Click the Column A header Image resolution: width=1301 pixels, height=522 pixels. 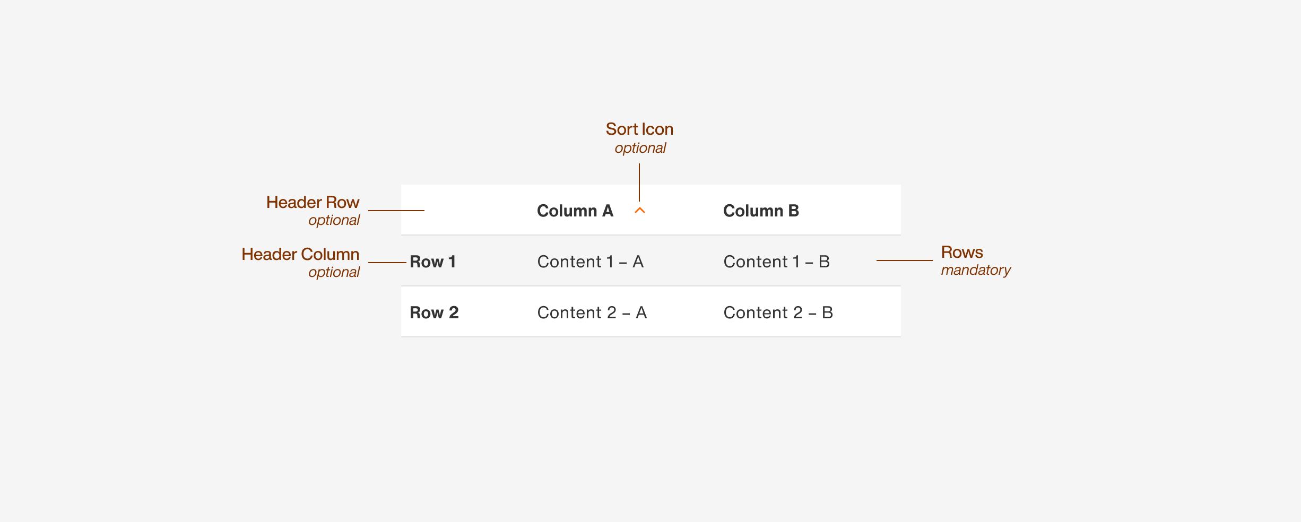pyautogui.click(x=575, y=211)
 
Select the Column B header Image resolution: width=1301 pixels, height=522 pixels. pyautogui.click(x=761, y=211)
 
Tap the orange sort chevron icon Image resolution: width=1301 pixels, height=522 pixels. pyautogui.click(x=640, y=211)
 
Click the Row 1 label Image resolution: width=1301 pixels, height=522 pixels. pyautogui.click(x=432, y=262)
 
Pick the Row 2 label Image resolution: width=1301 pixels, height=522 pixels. pyautogui.click(x=434, y=312)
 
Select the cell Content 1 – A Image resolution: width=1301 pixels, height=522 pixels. pyautogui.click(x=590, y=262)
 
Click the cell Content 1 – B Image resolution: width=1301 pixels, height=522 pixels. pyautogui.click(x=776, y=262)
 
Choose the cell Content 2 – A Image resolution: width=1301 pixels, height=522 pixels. pyautogui.click(x=592, y=312)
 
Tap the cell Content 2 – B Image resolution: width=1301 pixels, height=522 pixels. pyautogui.click(x=778, y=312)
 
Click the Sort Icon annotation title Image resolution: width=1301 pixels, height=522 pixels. pyautogui.click(x=639, y=129)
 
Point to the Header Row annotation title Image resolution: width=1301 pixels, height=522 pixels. pyautogui.click(x=313, y=202)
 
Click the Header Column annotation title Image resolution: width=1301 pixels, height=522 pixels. pyautogui.click(x=300, y=254)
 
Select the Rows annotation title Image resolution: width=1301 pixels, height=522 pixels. pyautogui.click(x=962, y=252)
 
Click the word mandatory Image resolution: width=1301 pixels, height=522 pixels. pyautogui.click(x=976, y=270)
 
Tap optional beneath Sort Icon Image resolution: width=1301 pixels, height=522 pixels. pyautogui.click(x=640, y=148)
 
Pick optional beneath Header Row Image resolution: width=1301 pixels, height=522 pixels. pyautogui.click(x=334, y=220)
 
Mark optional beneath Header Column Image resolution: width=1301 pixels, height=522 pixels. pyautogui.click(x=334, y=272)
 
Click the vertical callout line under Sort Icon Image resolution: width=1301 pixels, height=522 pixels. pyautogui.click(x=639, y=182)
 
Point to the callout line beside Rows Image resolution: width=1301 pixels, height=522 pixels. pyautogui.click(x=904, y=260)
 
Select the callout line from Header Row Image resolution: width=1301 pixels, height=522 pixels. pyautogui.click(x=396, y=211)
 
